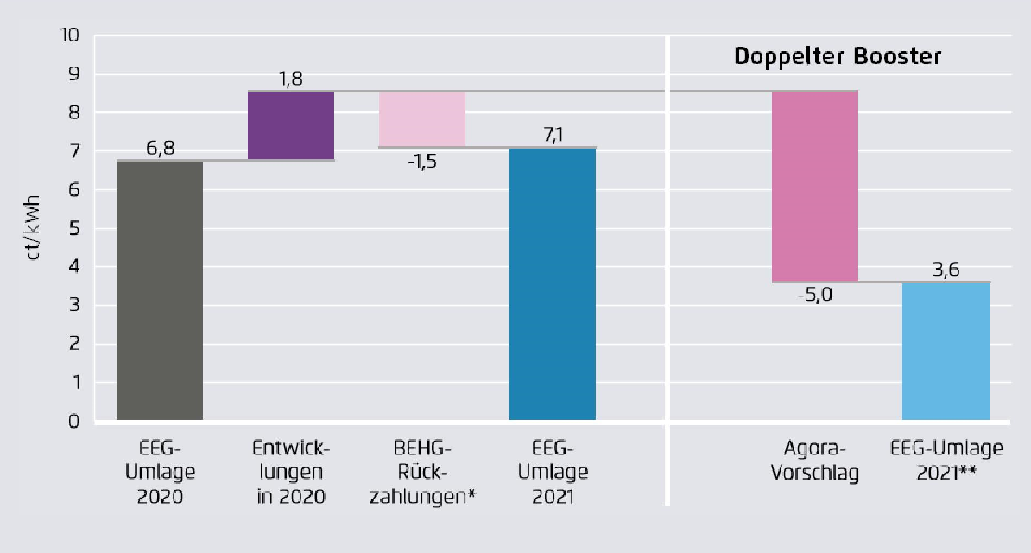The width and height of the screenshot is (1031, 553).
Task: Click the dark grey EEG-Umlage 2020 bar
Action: click(160, 290)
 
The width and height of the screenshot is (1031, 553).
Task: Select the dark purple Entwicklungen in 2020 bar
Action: click(291, 125)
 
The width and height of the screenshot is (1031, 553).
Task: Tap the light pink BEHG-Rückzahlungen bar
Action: click(422, 119)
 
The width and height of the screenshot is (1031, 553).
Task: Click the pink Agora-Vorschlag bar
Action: click(815, 186)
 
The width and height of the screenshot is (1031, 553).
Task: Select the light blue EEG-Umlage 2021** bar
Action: click(946, 351)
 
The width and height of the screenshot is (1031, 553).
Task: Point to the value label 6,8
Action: click(161, 149)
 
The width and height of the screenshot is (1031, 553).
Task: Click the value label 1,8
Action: click(291, 79)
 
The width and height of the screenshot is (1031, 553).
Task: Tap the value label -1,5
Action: click(421, 161)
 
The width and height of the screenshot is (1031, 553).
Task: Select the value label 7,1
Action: click(553, 134)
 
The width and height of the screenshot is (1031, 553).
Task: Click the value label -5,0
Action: click(814, 295)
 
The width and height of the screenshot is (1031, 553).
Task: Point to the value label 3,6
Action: click(946, 269)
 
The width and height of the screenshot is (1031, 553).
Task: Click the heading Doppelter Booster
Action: click(837, 57)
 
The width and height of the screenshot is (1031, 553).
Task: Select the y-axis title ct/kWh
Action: click(35, 229)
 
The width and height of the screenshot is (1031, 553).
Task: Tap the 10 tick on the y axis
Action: click(70, 36)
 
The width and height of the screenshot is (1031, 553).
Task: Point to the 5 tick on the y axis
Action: click(74, 229)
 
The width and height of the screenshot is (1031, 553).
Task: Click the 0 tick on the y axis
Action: click(74, 422)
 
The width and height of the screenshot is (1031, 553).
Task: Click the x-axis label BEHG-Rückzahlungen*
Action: click(422, 473)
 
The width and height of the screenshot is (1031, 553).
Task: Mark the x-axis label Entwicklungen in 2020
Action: click(291, 473)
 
